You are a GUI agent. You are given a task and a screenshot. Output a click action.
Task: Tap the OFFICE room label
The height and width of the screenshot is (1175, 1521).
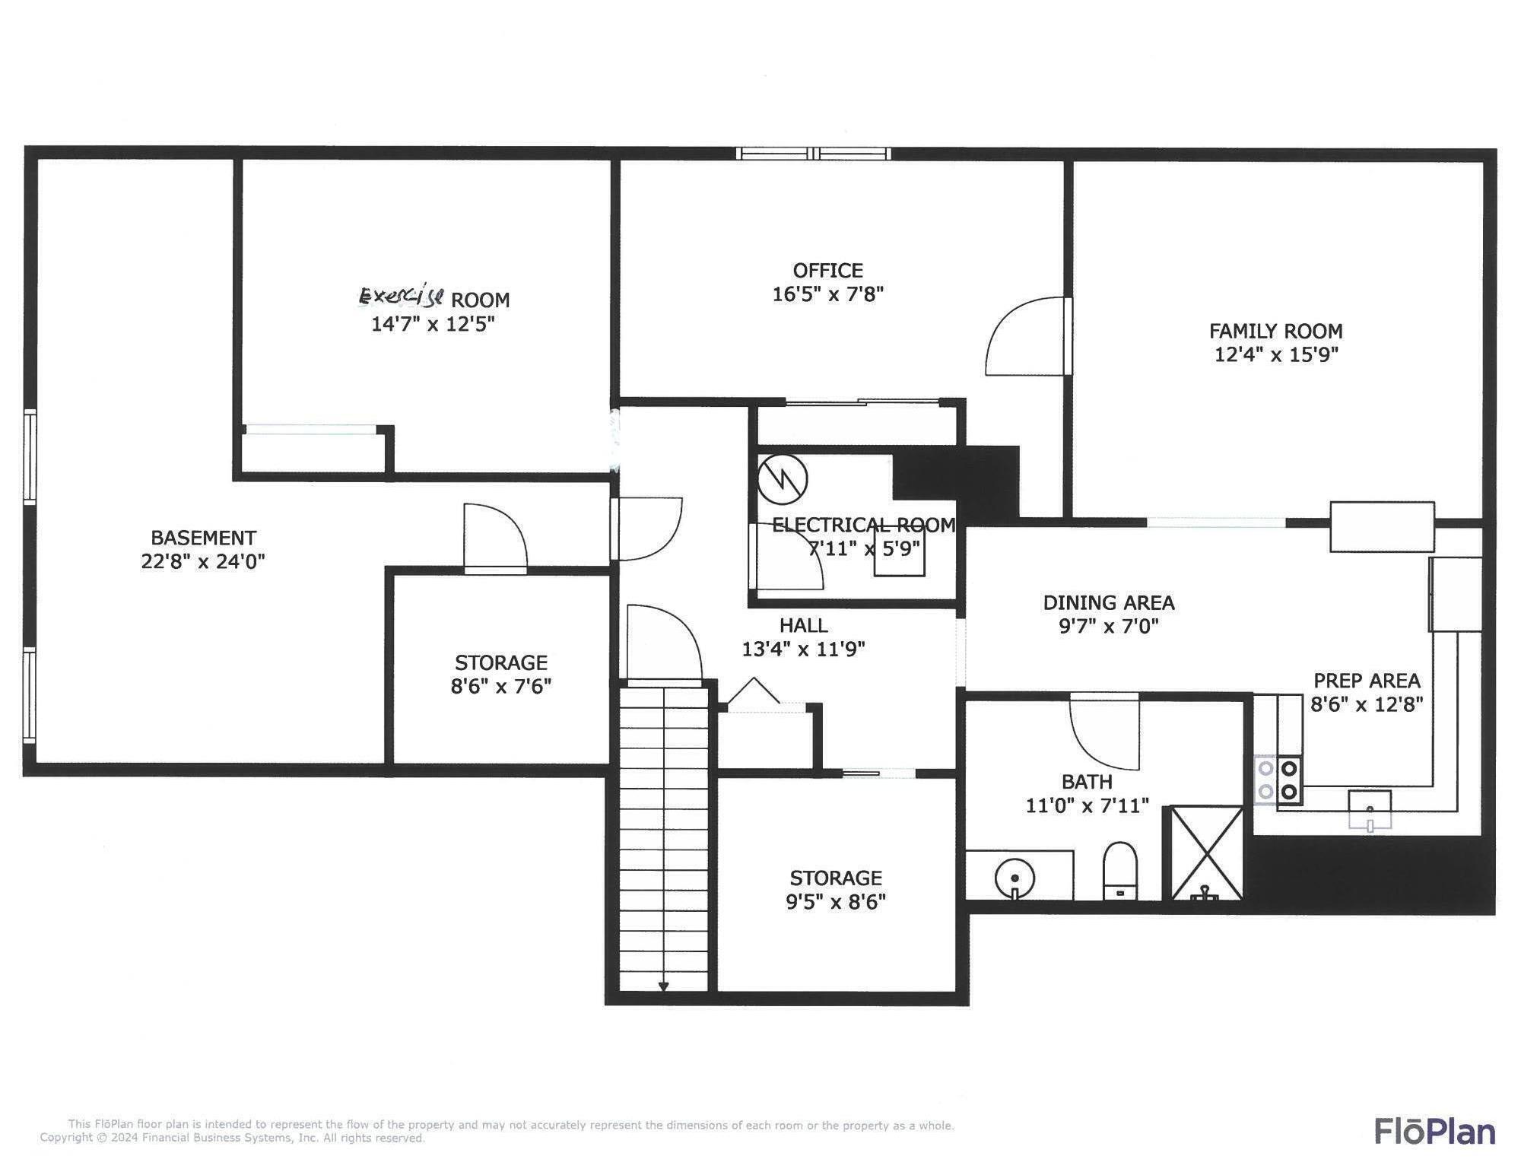[827, 271]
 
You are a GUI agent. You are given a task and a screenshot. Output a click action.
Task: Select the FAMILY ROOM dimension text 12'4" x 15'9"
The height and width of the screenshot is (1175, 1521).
[1276, 354]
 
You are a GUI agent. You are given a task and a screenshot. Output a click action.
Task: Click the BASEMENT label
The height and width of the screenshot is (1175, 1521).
[203, 538]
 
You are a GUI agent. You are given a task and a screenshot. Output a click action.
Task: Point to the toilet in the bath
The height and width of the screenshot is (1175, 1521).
[1119, 871]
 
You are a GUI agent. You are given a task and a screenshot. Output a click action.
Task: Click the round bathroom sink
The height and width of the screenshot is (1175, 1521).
[1015, 879]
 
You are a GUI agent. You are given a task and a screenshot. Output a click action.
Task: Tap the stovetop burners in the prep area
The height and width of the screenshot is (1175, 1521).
[1278, 780]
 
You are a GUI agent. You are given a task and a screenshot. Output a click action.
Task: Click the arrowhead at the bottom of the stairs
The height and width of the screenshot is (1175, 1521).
[663, 987]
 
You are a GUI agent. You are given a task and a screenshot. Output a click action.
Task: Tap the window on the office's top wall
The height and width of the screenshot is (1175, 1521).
[813, 154]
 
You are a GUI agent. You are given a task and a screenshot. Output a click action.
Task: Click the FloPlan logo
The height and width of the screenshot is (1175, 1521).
[1434, 1132]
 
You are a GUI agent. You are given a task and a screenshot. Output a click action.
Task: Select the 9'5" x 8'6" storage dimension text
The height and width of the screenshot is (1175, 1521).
[836, 902]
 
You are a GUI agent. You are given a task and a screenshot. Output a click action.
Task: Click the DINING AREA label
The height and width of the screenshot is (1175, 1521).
[1108, 603]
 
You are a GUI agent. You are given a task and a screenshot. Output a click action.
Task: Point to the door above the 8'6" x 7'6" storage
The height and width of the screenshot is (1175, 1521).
[495, 538]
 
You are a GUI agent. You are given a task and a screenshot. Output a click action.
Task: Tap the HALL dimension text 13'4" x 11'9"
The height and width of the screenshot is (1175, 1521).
[803, 649]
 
